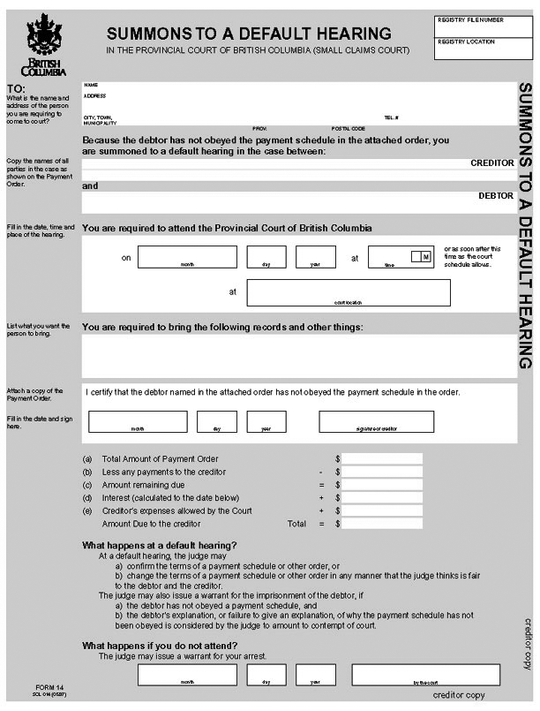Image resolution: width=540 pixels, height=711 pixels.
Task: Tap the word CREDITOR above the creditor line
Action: pyautogui.click(x=492, y=163)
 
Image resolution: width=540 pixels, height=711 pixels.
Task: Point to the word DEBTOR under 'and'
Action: pyautogui.click(x=496, y=195)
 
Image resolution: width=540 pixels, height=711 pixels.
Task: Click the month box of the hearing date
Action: pyautogui.click(x=188, y=256)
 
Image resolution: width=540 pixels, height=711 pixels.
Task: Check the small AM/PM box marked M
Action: pyautogui.click(x=421, y=256)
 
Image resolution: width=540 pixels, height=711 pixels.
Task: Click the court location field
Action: pyautogui.click(x=349, y=291)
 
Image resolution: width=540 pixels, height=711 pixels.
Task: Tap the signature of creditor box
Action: pyautogui.click(x=377, y=421)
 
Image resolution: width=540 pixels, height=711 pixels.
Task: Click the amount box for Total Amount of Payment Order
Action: pyautogui.click(x=382, y=459)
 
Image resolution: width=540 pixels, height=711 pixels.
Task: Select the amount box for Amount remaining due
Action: pyautogui.click(x=382, y=485)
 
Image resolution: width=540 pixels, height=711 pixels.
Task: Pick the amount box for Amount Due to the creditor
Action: pyautogui.click(x=382, y=524)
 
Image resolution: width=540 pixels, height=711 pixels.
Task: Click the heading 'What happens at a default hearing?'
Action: pyautogui.click(x=160, y=545)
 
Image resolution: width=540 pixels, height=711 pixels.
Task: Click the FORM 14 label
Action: pyautogui.click(x=50, y=687)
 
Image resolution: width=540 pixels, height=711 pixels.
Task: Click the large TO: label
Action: pyautogui.click(x=16, y=89)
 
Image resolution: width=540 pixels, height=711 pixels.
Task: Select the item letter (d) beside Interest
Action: pyautogui.click(x=87, y=498)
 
